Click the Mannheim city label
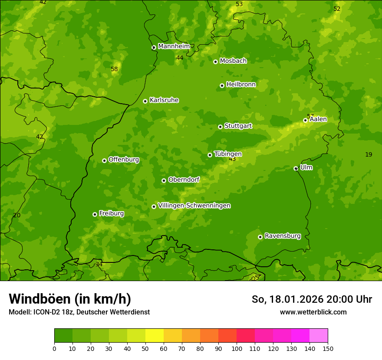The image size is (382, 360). (174, 46)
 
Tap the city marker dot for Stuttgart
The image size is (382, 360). (220, 127)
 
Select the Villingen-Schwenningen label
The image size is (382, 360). (194, 206)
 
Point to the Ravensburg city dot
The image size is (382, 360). (260, 237)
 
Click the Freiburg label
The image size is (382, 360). (111, 213)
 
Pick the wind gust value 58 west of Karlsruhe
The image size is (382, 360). (114, 69)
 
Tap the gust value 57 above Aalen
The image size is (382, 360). (310, 116)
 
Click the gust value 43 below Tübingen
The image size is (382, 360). (232, 159)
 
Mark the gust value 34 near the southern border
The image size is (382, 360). (99, 264)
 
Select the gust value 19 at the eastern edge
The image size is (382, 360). (369, 154)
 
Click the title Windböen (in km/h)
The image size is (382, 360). (69, 299)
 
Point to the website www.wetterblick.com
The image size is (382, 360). (313, 312)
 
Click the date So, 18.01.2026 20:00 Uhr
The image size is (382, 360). (312, 299)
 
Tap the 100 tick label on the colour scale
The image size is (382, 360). (237, 348)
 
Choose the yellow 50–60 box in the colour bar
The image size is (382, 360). (155, 336)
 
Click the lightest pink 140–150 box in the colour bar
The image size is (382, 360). (319, 336)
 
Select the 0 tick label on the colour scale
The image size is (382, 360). (54, 348)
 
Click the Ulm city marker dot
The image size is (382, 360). (296, 168)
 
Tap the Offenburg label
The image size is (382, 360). (123, 160)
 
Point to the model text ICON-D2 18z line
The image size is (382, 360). (79, 312)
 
